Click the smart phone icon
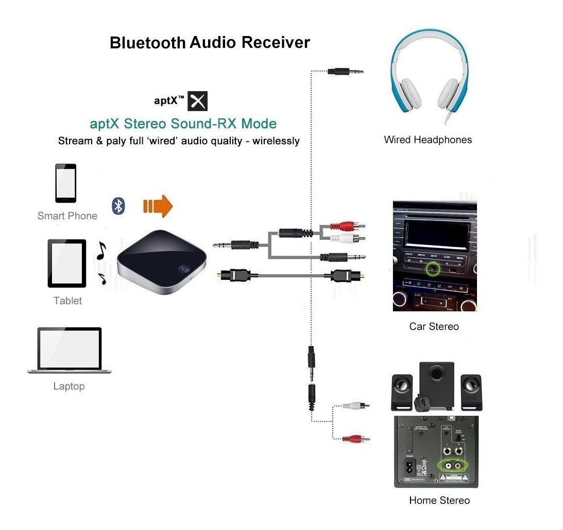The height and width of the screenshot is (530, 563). (65, 183)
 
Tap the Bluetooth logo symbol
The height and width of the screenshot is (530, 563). (119, 206)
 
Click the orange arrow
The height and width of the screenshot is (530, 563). (158, 206)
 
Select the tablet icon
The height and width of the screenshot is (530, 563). (67, 263)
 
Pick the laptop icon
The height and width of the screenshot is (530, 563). (69, 350)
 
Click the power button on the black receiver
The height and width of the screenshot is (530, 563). (183, 269)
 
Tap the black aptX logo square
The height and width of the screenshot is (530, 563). (197, 101)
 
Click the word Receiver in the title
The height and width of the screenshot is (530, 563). (276, 42)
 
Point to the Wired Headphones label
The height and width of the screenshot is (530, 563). (428, 139)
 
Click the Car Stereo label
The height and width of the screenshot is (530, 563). (434, 326)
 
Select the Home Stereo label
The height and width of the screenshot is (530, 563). (439, 500)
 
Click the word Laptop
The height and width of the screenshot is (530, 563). (69, 386)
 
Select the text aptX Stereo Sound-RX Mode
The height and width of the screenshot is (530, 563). (183, 123)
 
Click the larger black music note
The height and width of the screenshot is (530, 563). (101, 250)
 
